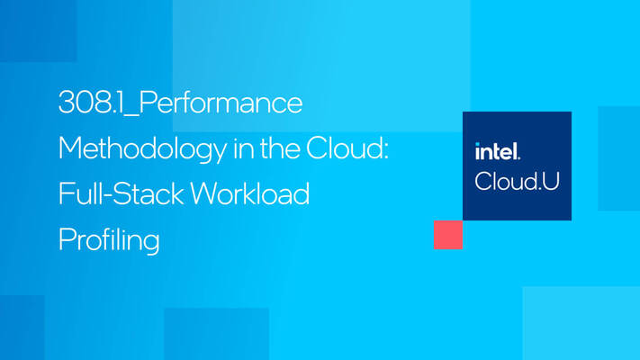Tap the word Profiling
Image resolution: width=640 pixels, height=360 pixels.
pos(108,239)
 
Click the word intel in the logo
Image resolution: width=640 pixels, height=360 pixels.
pos(497,151)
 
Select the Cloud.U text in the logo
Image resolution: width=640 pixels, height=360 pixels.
pos(517,180)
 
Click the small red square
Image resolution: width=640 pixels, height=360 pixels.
pos(447,234)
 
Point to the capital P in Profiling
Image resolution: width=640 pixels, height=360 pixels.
pos(66,238)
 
